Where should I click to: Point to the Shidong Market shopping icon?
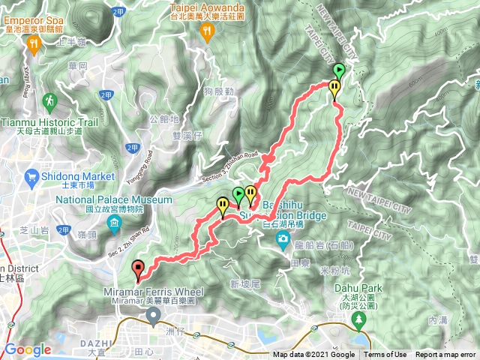click(31, 177)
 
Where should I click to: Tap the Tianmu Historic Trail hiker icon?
click(49, 99)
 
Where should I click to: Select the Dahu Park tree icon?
click(358, 319)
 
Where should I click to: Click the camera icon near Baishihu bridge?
click(283, 239)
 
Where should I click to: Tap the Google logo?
click(28, 349)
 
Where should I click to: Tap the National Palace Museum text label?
click(114, 200)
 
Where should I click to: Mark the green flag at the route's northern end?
click(338, 71)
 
